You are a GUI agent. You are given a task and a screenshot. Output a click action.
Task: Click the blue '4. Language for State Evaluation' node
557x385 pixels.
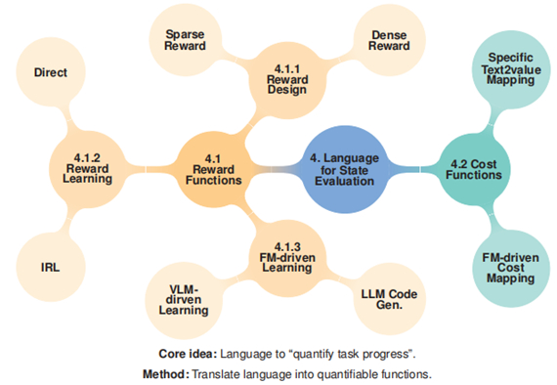[x=345, y=169]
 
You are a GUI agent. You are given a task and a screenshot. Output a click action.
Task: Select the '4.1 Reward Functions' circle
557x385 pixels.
[x=213, y=169]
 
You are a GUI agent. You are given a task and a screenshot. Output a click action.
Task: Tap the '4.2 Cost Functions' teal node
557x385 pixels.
[x=474, y=169]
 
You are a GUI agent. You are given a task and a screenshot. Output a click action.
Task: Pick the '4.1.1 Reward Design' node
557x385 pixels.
[x=287, y=80]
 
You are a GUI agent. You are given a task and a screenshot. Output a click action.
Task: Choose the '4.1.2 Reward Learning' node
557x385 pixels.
[x=87, y=169]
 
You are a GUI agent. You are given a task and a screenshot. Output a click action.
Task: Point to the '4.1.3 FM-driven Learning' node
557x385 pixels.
[x=287, y=258]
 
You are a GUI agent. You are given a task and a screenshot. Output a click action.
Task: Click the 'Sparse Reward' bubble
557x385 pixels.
[x=185, y=40]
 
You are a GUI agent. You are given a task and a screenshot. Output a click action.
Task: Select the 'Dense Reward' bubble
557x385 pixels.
[x=389, y=40]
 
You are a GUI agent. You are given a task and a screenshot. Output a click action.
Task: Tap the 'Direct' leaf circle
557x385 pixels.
[x=51, y=72]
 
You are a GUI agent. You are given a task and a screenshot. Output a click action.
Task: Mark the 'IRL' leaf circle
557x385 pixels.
[x=51, y=267]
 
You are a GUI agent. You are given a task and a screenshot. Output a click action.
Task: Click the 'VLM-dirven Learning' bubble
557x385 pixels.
[x=184, y=300]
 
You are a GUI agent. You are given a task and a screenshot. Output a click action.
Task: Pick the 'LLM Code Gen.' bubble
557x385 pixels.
[x=389, y=299]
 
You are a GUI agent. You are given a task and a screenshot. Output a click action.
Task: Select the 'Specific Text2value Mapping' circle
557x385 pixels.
[x=511, y=69]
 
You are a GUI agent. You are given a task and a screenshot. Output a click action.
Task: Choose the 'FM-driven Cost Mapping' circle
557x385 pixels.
[x=511, y=268]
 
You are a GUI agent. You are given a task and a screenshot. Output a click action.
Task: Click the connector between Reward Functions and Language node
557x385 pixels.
[x=277, y=170]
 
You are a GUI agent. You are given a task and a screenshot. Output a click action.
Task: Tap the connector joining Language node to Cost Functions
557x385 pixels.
[x=413, y=169]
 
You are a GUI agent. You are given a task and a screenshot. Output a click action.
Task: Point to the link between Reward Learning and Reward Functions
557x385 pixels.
[x=150, y=169]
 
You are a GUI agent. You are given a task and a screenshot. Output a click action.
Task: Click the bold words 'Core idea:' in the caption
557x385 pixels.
[x=188, y=354]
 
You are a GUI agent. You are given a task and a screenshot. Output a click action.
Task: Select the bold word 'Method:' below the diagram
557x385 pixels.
[x=166, y=374]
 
